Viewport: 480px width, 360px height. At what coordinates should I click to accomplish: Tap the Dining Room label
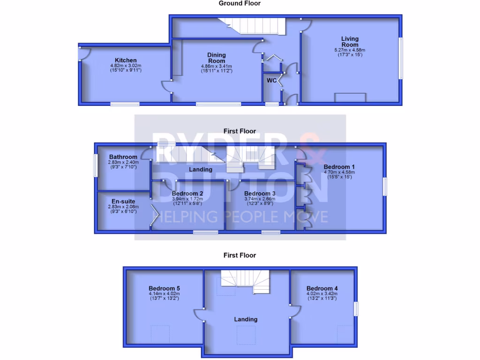217,58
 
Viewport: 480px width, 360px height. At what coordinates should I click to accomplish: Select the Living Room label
350,42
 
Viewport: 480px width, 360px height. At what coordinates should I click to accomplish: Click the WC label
271,80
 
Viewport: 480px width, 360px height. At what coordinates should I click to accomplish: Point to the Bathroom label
123,157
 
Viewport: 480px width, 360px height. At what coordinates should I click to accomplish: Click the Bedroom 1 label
339,167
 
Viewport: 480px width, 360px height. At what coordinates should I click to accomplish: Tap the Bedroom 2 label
187,194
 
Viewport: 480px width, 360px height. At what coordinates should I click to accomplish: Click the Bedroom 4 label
322,288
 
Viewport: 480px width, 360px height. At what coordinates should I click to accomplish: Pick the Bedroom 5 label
164,288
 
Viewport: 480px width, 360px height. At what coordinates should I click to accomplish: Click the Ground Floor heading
240,3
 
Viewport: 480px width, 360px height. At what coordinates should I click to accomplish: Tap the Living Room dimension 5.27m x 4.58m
350,50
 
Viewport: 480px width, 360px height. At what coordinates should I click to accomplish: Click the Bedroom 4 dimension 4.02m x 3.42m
322,294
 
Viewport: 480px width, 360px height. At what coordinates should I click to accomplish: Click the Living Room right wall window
401,58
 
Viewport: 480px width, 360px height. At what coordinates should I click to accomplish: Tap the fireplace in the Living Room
350,97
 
